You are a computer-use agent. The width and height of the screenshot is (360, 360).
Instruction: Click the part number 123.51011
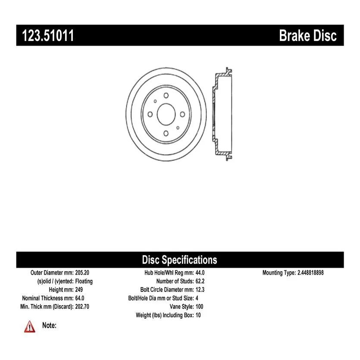48,35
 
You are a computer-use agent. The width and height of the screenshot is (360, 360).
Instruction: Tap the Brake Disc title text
308,36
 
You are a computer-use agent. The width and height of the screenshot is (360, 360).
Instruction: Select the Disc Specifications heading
179,260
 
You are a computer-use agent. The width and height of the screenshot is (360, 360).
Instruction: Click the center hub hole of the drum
166,114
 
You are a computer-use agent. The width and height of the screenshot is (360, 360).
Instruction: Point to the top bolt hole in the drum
166,95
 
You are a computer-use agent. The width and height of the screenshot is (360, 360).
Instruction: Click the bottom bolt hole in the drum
166,133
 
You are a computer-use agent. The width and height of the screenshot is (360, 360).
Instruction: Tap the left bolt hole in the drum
150,114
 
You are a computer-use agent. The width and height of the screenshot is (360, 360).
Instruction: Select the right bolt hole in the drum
182,114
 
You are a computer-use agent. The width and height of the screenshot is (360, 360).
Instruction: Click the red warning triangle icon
30,326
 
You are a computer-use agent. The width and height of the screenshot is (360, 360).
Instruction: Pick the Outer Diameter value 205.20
82,272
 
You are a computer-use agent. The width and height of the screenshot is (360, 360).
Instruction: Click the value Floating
84,281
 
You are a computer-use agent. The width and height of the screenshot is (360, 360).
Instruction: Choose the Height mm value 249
79,290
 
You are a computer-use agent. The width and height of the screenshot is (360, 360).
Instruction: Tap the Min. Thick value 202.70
82,307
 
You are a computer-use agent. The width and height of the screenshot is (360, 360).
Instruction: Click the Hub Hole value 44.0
200,272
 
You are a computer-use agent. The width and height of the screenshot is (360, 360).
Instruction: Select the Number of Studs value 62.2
200,281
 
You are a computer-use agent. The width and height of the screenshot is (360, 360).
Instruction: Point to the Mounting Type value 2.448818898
310,272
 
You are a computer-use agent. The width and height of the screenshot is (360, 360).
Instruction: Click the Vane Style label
182,307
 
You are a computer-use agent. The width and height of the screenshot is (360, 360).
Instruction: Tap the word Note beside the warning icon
49,325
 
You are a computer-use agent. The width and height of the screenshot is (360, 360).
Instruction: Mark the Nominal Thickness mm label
48,298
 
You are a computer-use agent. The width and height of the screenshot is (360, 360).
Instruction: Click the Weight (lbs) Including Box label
165,315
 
